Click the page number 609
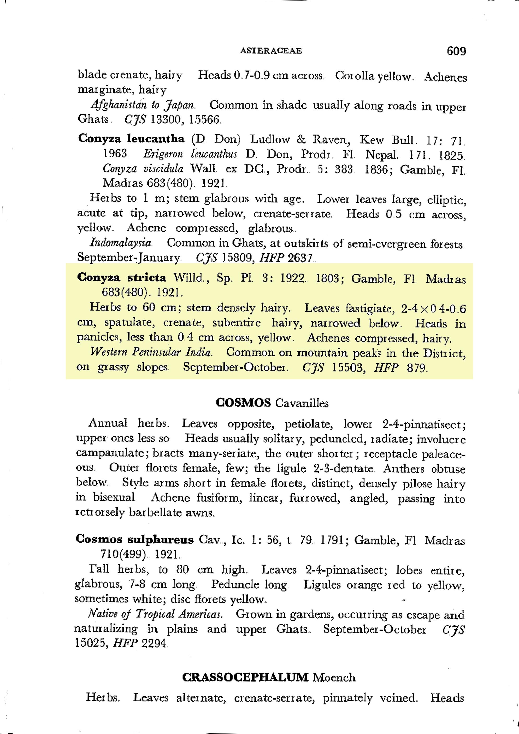coord(456,51)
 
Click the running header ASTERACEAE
coord(271,51)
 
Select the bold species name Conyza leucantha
coord(131,139)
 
